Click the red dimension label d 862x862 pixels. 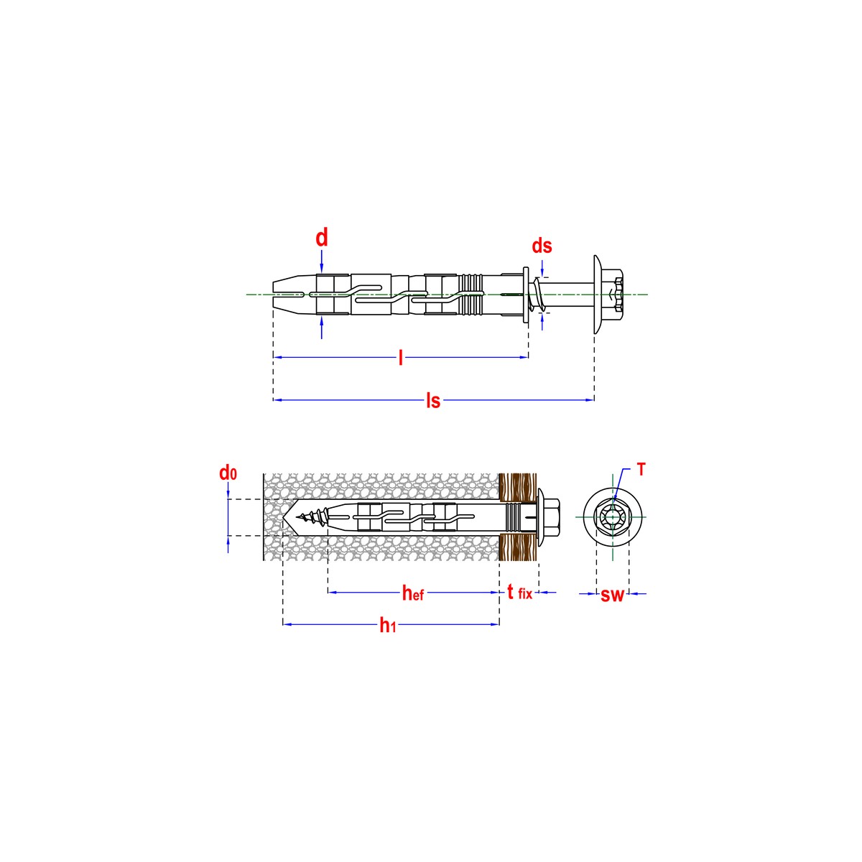(322, 238)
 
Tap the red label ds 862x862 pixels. (542, 246)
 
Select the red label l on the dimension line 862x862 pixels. (401, 358)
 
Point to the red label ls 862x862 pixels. (432, 401)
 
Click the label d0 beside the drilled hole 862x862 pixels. (228, 473)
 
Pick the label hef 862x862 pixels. (413, 593)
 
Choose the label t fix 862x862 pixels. (520, 593)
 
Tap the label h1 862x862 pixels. (388, 625)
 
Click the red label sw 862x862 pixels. (612, 595)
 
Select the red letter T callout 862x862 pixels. (641, 470)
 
